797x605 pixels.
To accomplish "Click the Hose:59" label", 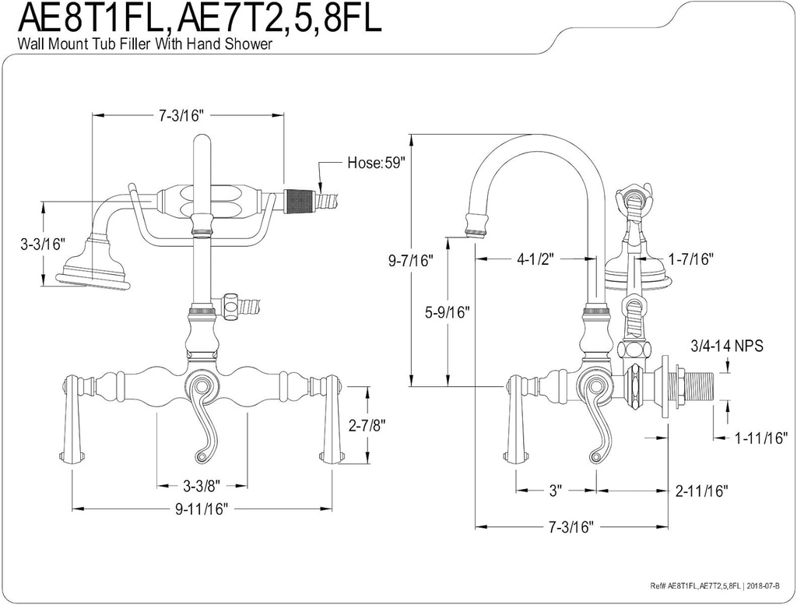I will coord(376,164).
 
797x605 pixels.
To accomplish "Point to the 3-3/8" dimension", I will coord(202,486).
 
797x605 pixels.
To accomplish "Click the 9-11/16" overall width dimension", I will coord(201,510).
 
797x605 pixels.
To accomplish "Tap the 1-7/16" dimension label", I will coord(690,259).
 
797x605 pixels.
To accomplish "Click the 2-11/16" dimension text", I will coord(701,491).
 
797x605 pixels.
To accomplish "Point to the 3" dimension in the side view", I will coord(555,491).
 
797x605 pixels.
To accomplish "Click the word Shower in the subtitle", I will coord(249,45).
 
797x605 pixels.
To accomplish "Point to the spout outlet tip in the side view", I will coord(476,227).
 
